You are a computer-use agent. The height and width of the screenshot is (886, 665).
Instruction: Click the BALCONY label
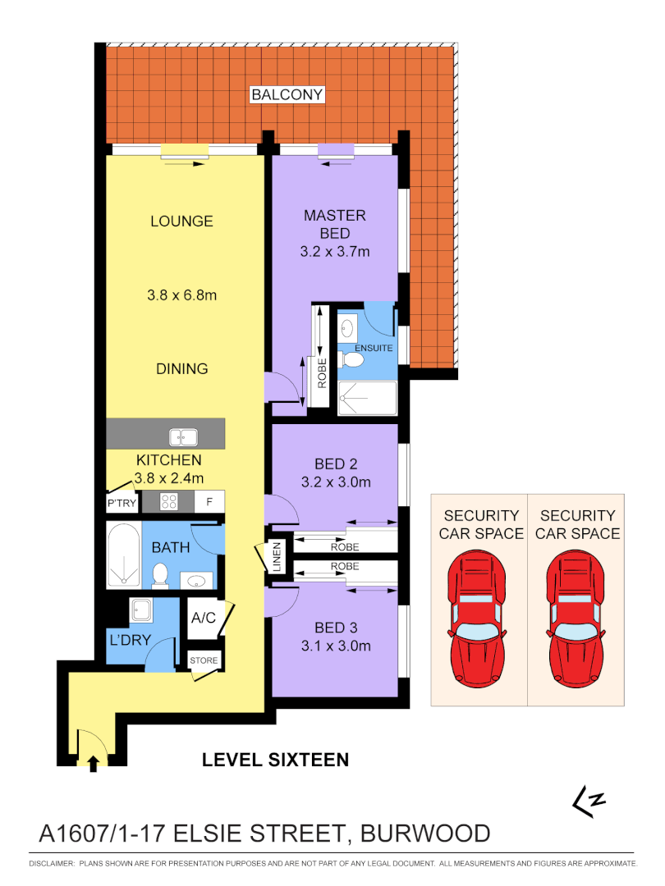(287, 95)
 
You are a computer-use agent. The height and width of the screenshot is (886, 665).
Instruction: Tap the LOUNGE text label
(181, 221)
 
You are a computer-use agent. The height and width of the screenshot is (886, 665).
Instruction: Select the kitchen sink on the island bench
(181, 437)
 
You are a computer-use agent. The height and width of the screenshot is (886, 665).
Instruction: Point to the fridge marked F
(209, 501)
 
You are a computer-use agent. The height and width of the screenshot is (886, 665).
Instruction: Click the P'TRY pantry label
(122, 503)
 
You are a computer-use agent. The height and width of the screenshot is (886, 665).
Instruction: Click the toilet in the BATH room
(161, 575)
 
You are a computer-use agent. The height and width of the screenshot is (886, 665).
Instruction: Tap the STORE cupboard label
(204, 660)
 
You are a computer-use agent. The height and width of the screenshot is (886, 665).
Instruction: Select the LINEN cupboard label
(277, 557)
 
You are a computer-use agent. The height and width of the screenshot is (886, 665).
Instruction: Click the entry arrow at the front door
(93, 763)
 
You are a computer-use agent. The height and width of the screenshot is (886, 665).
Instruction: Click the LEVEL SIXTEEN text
(275, 760)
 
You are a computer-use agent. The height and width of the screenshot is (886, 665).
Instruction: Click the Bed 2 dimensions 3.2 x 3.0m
(335, 482)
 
